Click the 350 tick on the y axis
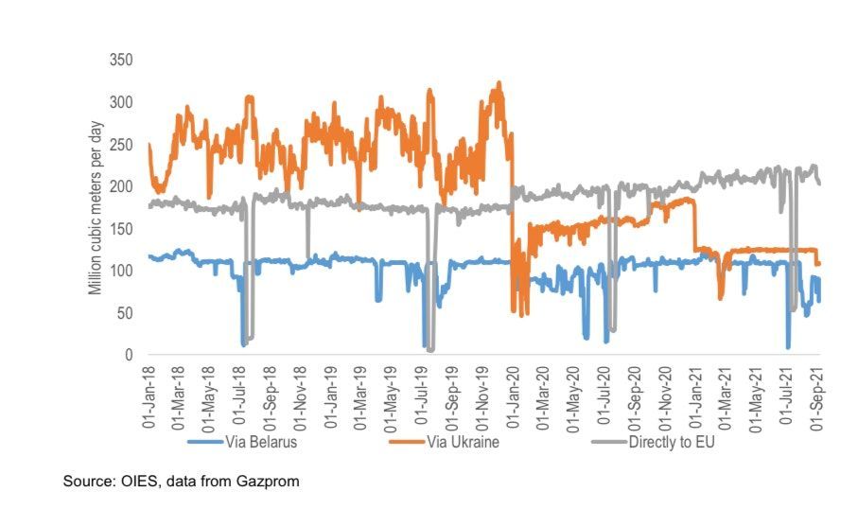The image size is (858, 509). (x=120, y=60)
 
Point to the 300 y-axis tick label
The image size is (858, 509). (x=120, y=102)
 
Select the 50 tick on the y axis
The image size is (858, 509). (x=124, y=312)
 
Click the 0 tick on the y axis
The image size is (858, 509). (x=128, y=355)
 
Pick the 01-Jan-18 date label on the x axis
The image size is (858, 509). (x=149, y=397)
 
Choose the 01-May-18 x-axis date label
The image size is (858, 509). (x=209, y=397)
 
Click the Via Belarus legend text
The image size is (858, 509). (x=261, y=442)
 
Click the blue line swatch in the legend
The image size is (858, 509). (x=205, y=442)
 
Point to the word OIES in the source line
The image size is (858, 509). (x=128, y=482)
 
